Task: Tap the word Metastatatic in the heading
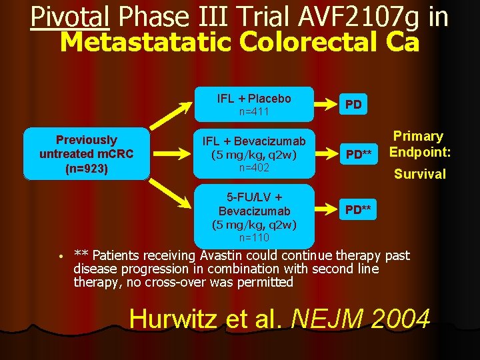click(x=146, y=43)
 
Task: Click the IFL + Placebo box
click(x=254, y=104)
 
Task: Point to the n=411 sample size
click(x=254, y=112)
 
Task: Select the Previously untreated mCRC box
click(x=86, y=154)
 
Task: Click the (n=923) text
click(x=86, y=169)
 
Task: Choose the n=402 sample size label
click(x=254, y=168)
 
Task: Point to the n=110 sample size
click(x=254, y=238)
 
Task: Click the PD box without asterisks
click(x=353, y=105)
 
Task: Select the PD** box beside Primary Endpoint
click(x=359, y=155)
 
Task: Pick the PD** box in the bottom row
click(x=359, y=209)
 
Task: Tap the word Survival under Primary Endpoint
click(x=419, y=174)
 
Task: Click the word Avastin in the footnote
click(x=223, y=255)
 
